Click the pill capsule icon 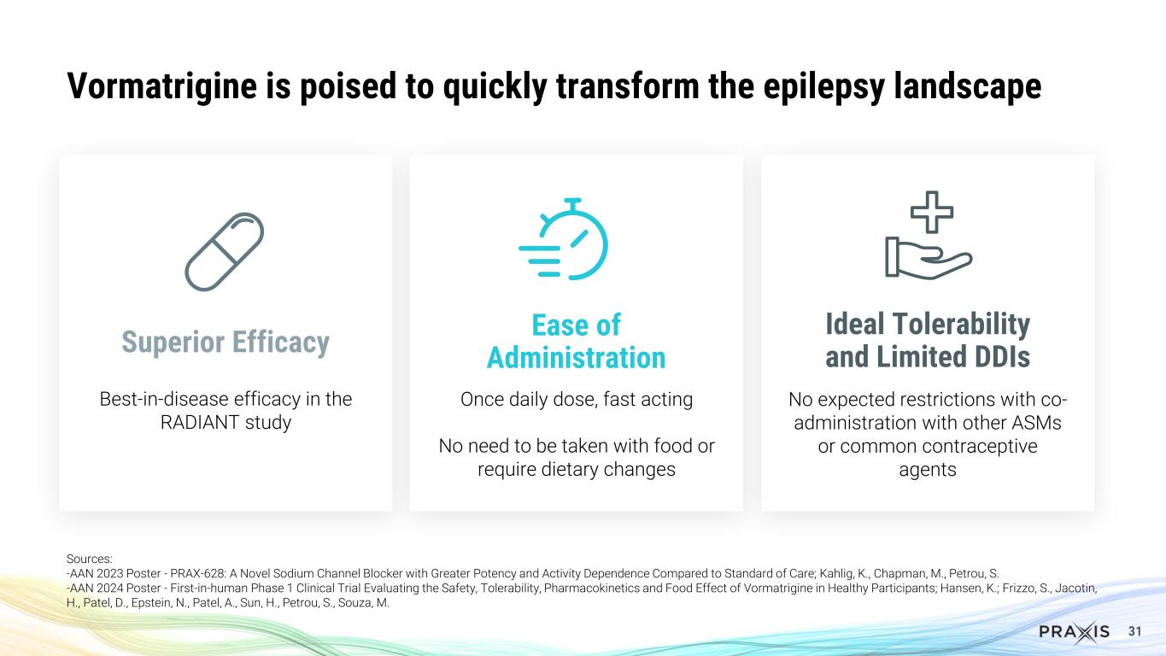tap(225, 252)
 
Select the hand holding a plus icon tap(928, 239)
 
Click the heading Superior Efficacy tap(225, 342)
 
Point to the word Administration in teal tap(576, 357)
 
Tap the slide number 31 tap(1135, 632)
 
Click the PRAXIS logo tap(1075, 632)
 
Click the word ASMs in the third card tap(1035, 424)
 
